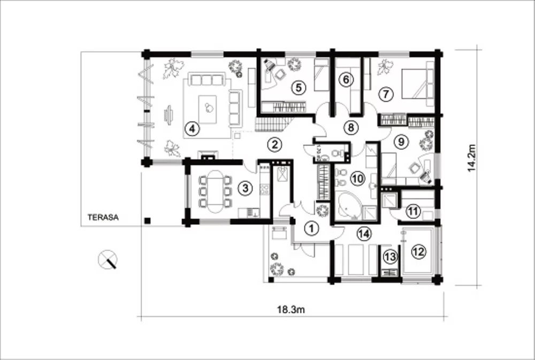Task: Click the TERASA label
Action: [103, 217]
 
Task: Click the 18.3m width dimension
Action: [291, 310]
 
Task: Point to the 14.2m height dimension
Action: [471, 158]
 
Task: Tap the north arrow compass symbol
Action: [108, 259]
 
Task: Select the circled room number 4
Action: [192, 129]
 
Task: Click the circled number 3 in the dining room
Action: [246, 188]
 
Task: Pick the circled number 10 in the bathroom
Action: [358, 179]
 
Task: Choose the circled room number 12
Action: [419, 252]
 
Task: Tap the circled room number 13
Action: [389, 257]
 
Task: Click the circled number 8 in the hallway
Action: [351, 128]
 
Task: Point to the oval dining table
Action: [215, 192]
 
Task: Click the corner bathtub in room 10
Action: [348, 206]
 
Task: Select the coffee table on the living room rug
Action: [208, 109]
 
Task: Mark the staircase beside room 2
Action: [273, 124]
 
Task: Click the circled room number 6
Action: [346, 80]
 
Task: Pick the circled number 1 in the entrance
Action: [311, 228]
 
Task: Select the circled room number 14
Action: [364, 234]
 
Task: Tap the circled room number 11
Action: [413, 211]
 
